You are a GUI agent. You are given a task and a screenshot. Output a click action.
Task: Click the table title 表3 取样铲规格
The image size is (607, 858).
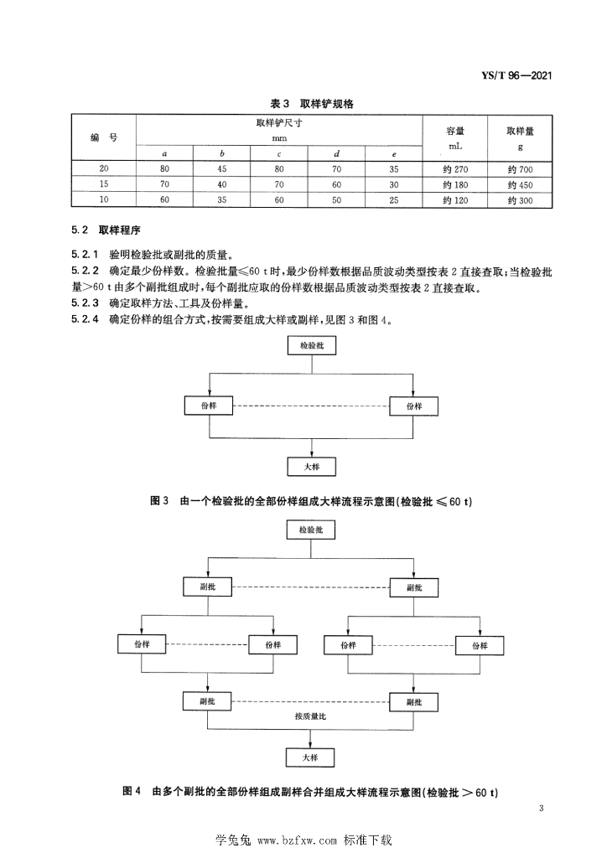311,103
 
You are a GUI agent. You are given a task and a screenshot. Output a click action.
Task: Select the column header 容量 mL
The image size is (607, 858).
455,137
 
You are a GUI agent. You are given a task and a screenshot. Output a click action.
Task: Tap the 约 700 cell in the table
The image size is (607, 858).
521,168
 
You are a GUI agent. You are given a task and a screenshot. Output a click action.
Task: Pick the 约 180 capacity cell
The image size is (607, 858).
455,183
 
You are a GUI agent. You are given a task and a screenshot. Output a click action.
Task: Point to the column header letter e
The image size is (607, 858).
392,154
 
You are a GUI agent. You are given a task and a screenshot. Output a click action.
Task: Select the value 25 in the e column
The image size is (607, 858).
392,199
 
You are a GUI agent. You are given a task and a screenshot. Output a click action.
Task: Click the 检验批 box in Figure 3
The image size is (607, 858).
311,344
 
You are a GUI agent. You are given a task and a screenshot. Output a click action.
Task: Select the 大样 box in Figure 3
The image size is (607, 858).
311,466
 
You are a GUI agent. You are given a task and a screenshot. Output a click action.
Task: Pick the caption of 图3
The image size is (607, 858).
311,501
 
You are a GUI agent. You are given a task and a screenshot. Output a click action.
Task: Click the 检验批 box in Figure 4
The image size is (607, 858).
311,530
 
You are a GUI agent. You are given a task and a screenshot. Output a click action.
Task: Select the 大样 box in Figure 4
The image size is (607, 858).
311,757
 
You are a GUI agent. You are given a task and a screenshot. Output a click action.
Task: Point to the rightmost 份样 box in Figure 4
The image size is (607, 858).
480,645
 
